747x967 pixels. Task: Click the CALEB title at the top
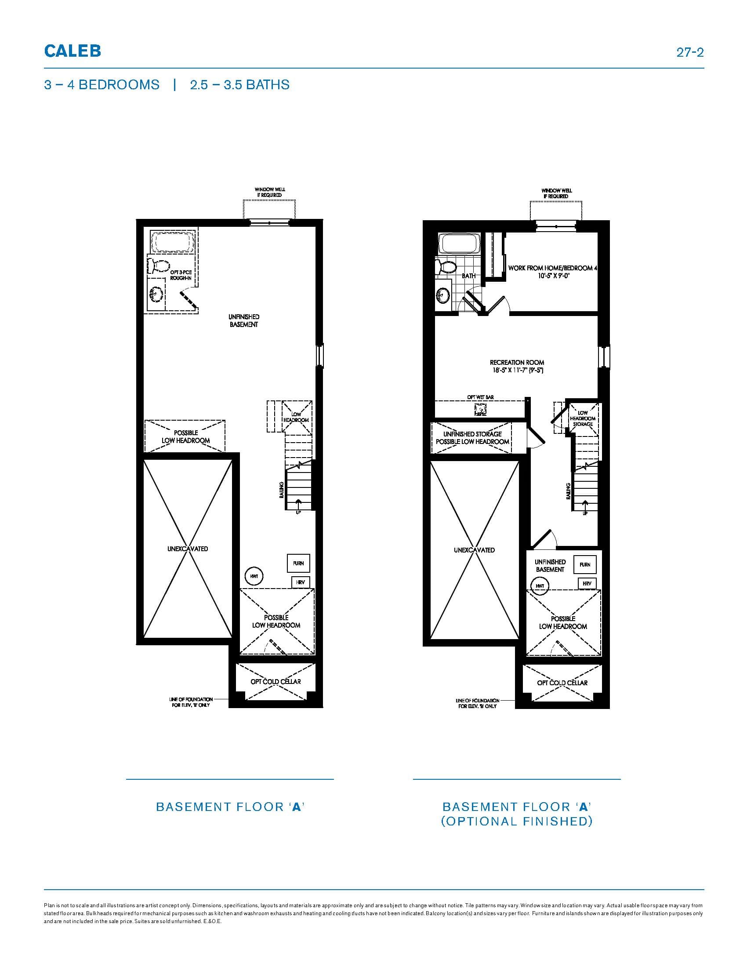pos(73,51)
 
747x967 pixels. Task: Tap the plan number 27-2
pos(690,52)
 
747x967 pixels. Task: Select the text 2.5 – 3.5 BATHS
pos(239,84)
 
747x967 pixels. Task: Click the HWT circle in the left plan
pos(254,577)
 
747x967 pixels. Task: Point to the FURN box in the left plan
pos(298,563)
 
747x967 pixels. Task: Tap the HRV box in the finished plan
pos(587,584)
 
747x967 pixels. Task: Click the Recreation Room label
pos(517,366)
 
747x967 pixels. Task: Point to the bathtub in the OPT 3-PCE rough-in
pos(173,242)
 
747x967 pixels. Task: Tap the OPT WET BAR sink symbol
pos(480,410)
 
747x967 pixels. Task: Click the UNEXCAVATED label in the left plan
pos(188,549)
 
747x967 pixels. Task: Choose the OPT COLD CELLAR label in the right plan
pos(562,683)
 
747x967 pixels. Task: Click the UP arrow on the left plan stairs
pos(298,503)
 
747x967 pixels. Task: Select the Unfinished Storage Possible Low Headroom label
pos(473,438)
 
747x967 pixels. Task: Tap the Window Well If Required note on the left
pos(269,192)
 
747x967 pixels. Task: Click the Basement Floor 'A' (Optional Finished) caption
pos(516,814)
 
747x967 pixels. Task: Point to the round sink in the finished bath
pos(442,294)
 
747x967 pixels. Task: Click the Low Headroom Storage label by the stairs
pos(583,418)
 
